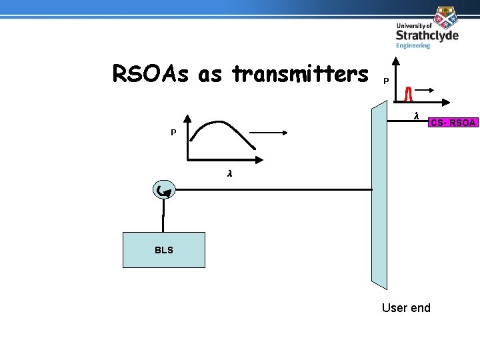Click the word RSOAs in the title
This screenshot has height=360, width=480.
point(151,74)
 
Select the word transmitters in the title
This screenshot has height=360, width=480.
point(299,74)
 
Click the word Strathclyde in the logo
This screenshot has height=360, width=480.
point(427,35)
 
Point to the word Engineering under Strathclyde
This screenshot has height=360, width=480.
point(413,46)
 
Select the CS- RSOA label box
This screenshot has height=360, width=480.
point(453,123)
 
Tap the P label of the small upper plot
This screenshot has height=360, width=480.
point(386,81)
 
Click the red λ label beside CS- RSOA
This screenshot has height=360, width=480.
point(416,116)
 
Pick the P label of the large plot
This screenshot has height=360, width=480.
point(173,133)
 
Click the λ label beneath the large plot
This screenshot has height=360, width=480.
point(229,173)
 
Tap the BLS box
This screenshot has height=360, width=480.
point(163,250)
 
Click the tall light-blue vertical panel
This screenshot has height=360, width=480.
point(379,193)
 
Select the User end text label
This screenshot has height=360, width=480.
point(406,307)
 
